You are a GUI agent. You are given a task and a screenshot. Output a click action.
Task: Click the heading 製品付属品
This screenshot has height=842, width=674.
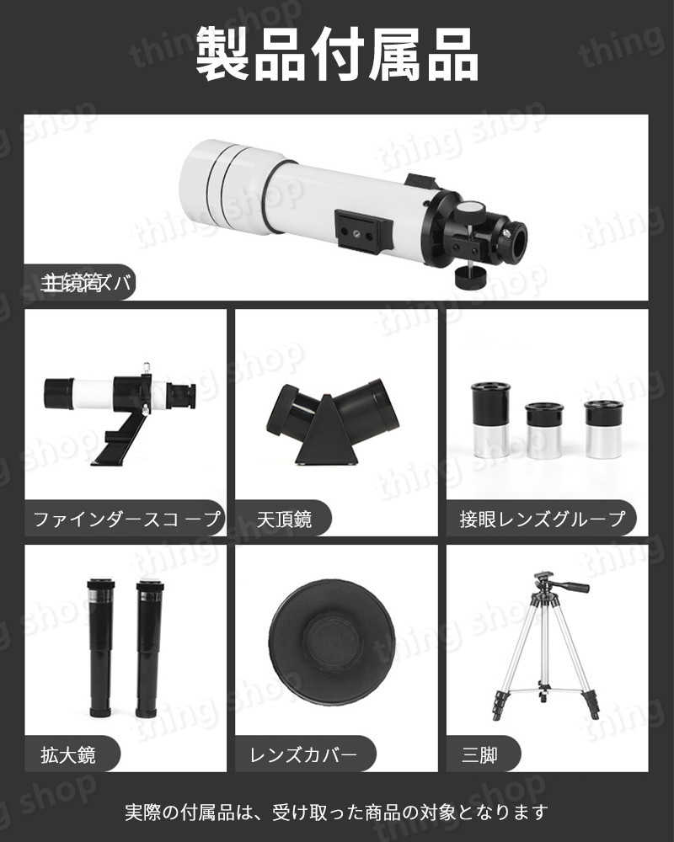point(337,55)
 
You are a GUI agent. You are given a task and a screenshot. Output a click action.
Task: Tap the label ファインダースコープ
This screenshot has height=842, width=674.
point(126,518)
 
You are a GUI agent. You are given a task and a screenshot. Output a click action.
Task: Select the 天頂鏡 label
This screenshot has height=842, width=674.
point(285,518)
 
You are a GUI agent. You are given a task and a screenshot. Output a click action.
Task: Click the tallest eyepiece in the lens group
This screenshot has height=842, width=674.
point(490,418)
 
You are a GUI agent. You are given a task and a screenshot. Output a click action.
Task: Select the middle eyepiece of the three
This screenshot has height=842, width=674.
point(543,429)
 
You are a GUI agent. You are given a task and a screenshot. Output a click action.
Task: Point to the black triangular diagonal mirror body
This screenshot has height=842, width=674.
point(326,434)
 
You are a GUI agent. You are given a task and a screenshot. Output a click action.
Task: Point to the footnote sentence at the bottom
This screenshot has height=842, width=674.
point(337,813)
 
